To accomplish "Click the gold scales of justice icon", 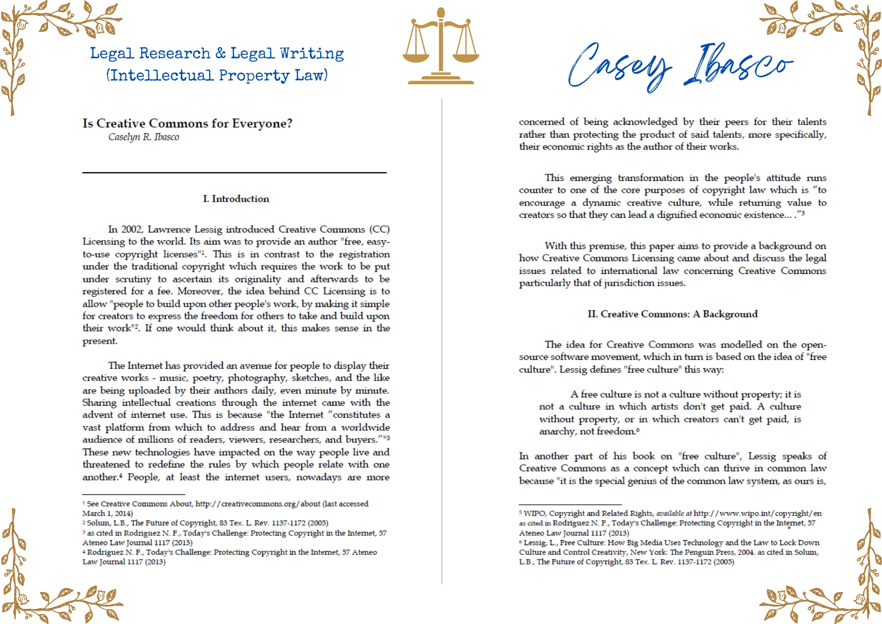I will click(441, 46).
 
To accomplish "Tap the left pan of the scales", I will click(416, 55).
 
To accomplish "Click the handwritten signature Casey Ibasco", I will click(679, 66).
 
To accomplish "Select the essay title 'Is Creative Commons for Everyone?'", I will click(187, 123).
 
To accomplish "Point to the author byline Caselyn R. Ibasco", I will click(144, 137).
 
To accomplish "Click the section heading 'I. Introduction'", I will click(236, 199).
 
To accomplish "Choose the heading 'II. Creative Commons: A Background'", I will click(673, 314).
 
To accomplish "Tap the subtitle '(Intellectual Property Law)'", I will click(217, 75).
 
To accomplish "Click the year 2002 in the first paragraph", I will click(131, 229).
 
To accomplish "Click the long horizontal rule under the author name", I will click(234, 172).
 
